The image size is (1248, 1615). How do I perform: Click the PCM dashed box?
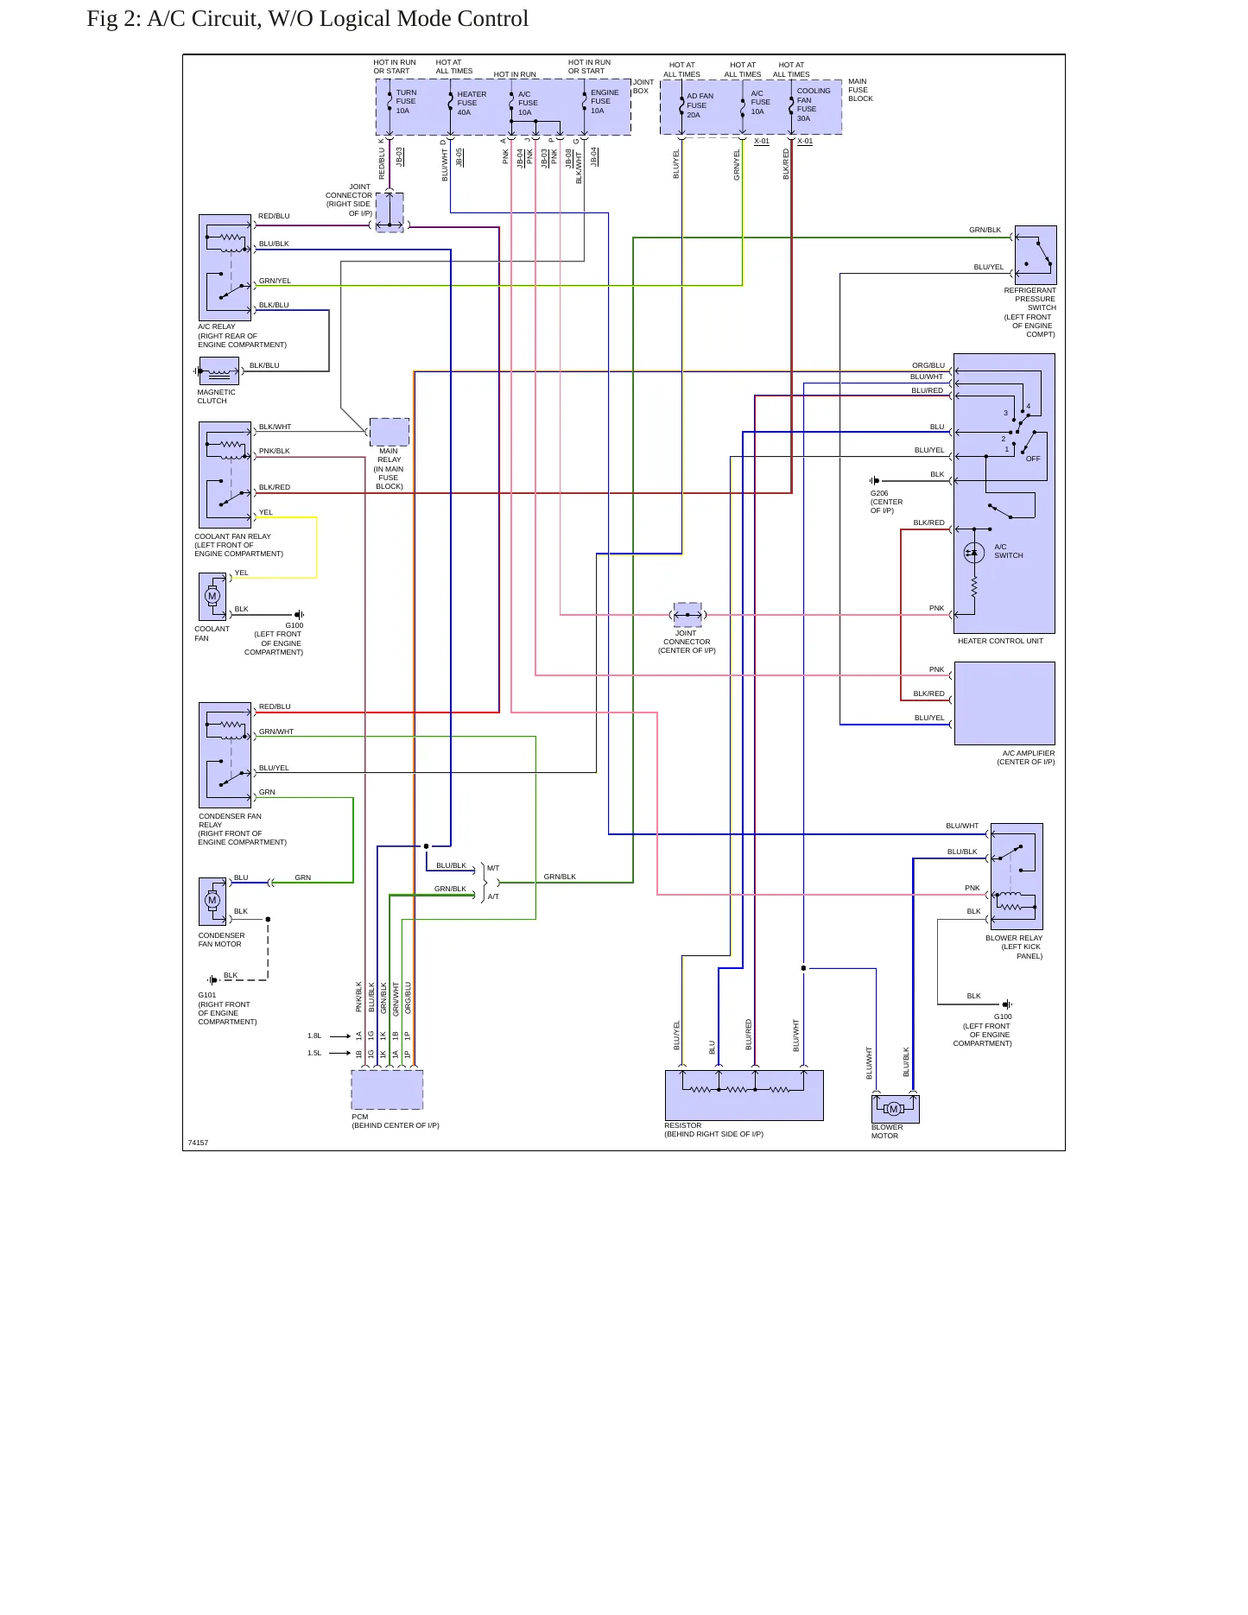coord(387,1089)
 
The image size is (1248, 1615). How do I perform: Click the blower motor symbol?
coord(895,1109)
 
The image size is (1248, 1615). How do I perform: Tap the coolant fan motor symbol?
coord(212,596)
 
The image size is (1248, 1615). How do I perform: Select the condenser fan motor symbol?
coord(212,901)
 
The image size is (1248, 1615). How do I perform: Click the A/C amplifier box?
coord(1004,703)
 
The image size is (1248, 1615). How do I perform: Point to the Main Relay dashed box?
coord(389,432)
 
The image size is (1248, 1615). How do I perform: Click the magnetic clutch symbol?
coord(219,371)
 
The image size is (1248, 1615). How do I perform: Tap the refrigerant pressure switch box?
coord(1036,255)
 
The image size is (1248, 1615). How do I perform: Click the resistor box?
coord(744,1095)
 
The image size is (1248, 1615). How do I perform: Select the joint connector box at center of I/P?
coord(687,615)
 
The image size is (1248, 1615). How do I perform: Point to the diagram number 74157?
coord(198,1143)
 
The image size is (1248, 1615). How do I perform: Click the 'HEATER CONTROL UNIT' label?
coord(1000,641)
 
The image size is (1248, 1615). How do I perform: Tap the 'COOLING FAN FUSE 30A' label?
coord(813,104)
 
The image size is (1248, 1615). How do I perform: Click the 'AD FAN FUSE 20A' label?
coord(700,105)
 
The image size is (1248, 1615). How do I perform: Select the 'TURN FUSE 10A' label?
coord(406,101)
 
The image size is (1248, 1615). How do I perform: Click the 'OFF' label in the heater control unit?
coord(1033,459)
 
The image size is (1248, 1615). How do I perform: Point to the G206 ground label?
coord(879,493)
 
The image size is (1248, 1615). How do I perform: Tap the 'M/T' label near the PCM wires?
coord(493,868)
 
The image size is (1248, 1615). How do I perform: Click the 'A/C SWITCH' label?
coord(1008,551)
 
